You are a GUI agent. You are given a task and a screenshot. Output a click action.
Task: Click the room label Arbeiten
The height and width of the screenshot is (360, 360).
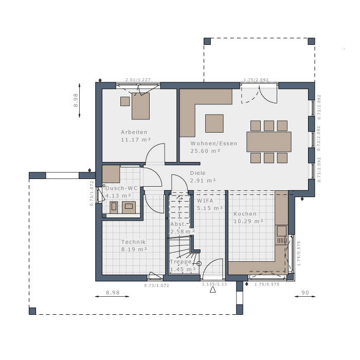tap(134, 132)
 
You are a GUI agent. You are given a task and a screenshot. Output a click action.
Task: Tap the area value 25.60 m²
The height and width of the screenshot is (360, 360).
tap(205, 151)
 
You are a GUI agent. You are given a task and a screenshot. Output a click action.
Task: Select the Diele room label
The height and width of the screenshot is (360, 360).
tap(197, 173)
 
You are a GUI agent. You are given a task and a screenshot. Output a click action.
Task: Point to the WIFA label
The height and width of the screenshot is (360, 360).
tap(206, 201)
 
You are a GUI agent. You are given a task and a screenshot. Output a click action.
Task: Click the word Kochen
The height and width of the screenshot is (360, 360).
tap(245, 214)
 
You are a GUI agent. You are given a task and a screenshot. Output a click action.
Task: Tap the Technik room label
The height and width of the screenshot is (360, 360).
tap(134, 242)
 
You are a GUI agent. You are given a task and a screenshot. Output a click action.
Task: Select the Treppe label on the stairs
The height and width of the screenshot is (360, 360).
tap(181, 262)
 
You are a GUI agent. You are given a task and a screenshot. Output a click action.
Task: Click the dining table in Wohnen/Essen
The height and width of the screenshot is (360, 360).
tap(268, 141)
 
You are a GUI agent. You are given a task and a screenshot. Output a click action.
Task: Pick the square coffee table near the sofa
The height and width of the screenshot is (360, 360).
tap(214, 123)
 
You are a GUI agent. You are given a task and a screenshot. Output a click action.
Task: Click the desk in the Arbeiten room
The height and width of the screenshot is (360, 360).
tap(140, 106)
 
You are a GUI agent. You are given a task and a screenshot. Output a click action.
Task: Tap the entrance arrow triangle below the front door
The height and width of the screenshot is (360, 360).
tap(212, 290)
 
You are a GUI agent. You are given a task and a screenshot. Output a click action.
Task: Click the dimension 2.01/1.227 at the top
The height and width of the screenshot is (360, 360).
tap(137, 80)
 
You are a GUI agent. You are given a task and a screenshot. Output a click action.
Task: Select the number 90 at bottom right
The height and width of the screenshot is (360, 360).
tap(305, 292)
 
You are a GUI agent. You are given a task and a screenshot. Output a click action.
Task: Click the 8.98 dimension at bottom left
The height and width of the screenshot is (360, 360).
tap(113, 292)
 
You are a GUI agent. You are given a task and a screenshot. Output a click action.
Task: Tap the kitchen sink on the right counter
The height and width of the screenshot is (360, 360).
tap(281, 239)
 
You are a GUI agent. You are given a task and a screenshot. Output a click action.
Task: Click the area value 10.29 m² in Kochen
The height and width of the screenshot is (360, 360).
tap(248, 221)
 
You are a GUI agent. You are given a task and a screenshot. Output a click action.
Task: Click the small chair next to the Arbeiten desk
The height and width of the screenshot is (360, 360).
tap(125, 101)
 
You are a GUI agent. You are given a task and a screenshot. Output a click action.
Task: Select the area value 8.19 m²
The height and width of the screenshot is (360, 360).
tap(134, 249)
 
